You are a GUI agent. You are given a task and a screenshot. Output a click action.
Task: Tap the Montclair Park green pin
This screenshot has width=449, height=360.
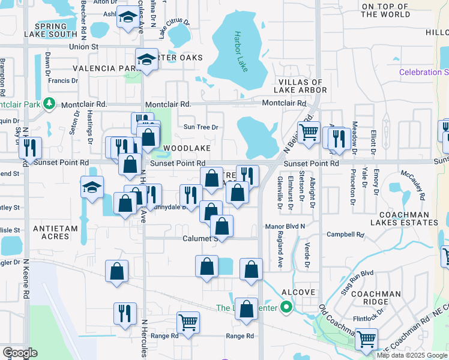coord(50,103)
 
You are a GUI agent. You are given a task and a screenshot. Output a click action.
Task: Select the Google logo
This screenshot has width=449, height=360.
coord(20,353)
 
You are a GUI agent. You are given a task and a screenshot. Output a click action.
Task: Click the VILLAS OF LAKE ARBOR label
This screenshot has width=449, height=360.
coord(300,86)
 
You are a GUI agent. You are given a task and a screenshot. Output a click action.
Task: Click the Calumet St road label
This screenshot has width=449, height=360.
coord(200,238)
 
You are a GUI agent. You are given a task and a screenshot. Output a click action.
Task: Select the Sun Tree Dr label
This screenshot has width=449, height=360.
coord(200,127)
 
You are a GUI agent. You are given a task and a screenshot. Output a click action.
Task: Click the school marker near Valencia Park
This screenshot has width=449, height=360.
coord(146,60)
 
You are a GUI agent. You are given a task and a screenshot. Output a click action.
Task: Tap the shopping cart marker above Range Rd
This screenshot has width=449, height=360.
coord(188,323)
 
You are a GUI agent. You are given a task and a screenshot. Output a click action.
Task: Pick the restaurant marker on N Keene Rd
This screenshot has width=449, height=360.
coord(30,148)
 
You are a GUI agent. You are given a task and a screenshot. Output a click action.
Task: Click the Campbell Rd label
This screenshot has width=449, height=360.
coord(345,235)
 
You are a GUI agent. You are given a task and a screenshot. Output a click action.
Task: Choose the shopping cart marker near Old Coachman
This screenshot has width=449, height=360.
coord(366,340)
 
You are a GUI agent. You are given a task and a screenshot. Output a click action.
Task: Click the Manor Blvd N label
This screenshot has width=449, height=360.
coord(285,227)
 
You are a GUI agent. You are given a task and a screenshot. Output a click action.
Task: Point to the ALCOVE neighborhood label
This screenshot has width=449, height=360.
coord(299,292)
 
